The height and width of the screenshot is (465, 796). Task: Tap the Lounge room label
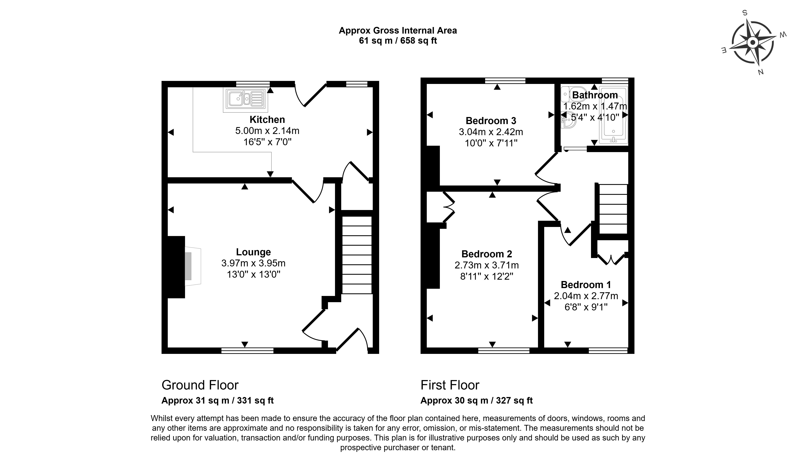coord(253,252)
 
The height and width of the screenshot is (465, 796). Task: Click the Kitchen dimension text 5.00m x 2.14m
coord(267,131)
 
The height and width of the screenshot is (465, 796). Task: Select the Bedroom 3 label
coord(491,121)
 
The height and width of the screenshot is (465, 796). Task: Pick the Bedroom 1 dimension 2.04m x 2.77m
coord(586,296)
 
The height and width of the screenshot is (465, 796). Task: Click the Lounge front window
coord(247,350)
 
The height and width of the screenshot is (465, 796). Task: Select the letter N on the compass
coord(761,72)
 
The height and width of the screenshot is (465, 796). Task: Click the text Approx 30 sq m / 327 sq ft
coord(476,401)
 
